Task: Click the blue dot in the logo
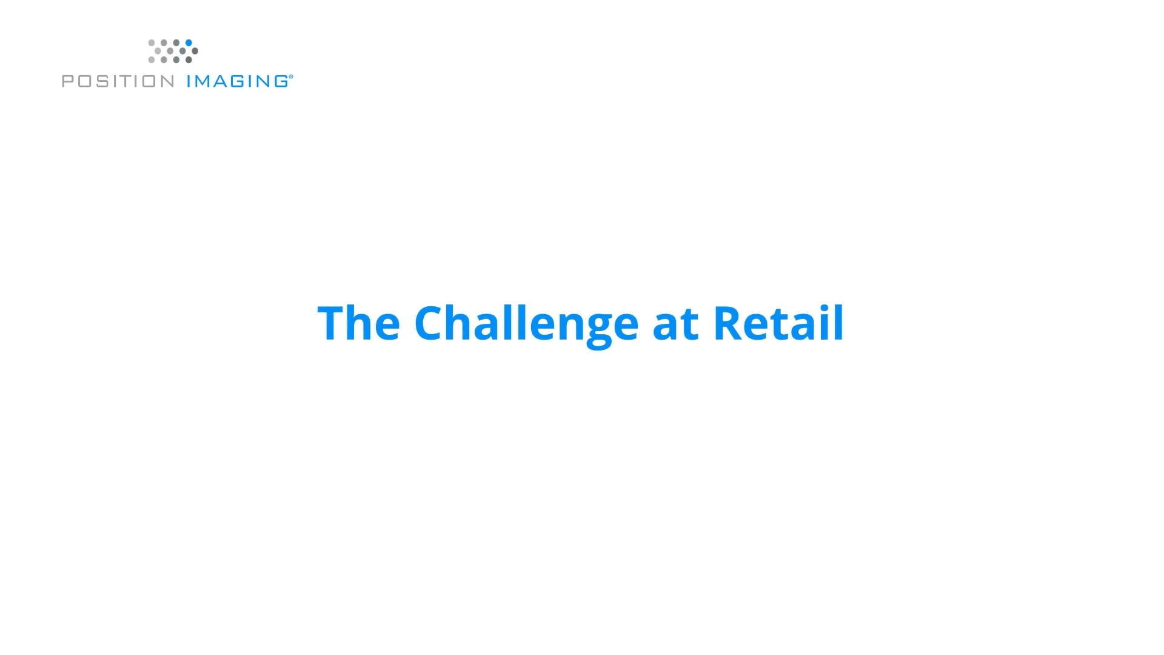(x=189, y=42)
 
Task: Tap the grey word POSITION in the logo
(x=118, y=81)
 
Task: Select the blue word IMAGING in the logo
(x=237, y=81)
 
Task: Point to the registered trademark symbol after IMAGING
(x=291, y=77)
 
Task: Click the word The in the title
(x=358, y=323)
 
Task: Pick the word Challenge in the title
(x=526, y=324)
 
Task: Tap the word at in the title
(x=675, y=324)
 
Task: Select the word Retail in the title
(x=778, y=323)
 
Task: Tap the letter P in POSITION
(x=68, y=81)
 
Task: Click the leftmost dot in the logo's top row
(x=152, y=42)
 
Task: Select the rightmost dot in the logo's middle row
(x=195, y=51)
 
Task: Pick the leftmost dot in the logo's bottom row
(x=152, y=59)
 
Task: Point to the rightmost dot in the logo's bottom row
(x=189, y=59)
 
